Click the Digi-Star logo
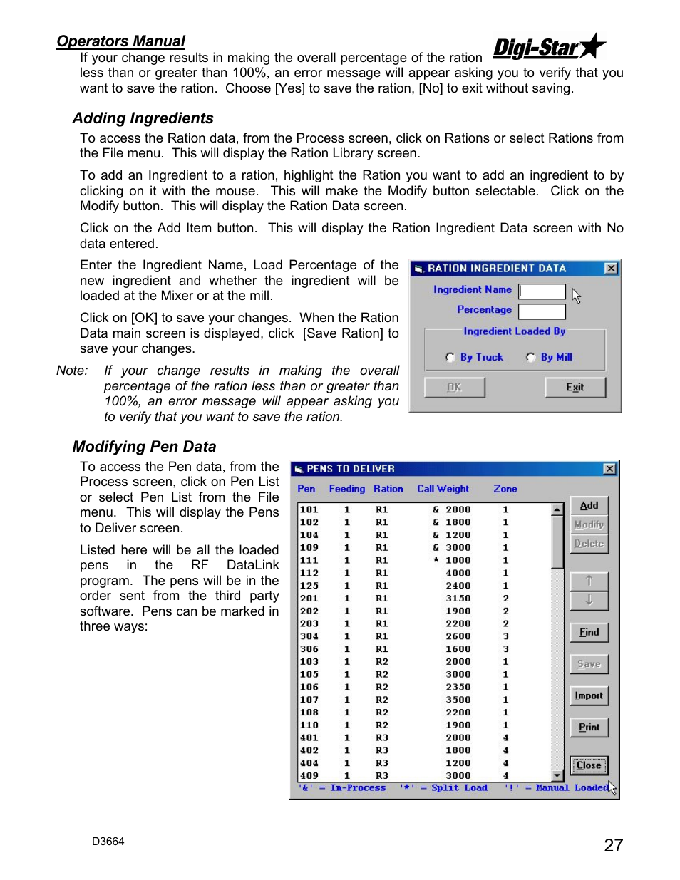click(x=550, y=46)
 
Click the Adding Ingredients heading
click(x=143, y=118)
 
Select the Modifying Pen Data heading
click(x=144, y=446)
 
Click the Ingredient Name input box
click(x=542, y=291)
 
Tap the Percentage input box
click(x=542, y=311)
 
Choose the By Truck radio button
click(x=450, y=357)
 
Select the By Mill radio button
click(x=530, y=357)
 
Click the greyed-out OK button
click(x=455, y=388)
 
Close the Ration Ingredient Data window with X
click(x=611, y=268)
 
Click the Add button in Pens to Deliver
click(x=589, y=505)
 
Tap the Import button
click(x=589, y=695)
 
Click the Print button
click(x=589, y=728)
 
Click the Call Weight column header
click(x=443, y=489)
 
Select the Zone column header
click(x=505, y=489)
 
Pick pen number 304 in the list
click(x=309, y=636)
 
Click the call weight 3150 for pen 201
click(x=458, y=598)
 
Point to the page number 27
click(x=613, y=845)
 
